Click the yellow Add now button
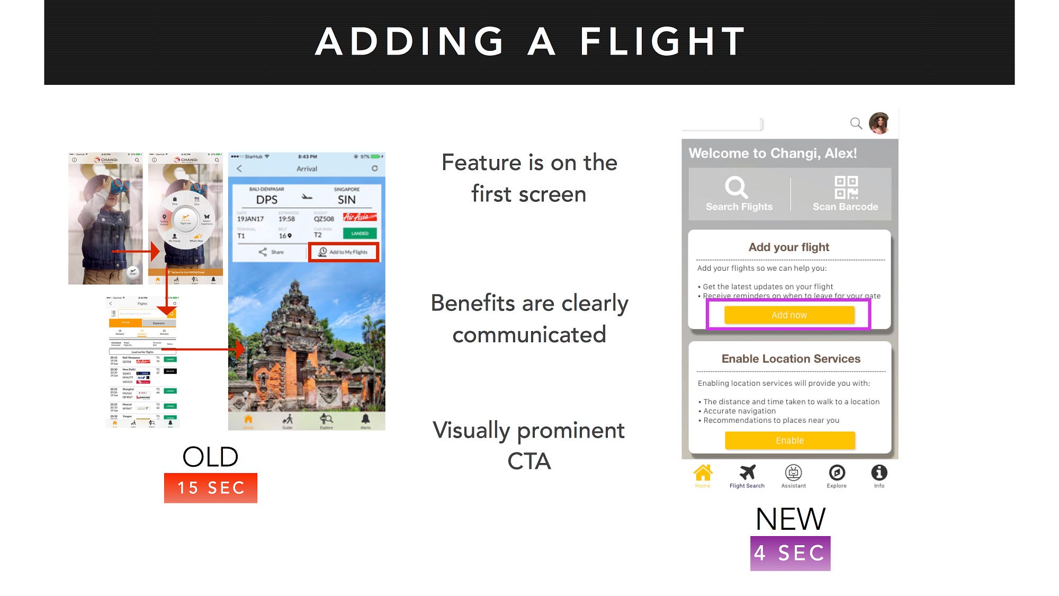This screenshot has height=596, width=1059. (x=789, y=315)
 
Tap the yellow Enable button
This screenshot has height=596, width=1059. (x=789, y=440)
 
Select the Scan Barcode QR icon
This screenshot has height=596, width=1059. (x=846, y=188)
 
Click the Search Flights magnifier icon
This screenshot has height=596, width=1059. (x=736, y=187)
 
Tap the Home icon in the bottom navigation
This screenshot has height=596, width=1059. (x=703, y=473)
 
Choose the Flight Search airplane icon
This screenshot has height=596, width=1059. (x=747, y=472)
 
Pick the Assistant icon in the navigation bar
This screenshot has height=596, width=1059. (x=793, y=473)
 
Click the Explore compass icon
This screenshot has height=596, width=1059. (x=837, y=473)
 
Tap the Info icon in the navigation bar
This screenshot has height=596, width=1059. (x=879, y=473)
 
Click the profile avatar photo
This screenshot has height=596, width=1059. (x=879, y=123)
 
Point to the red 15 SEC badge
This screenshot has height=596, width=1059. (x=211, y=488)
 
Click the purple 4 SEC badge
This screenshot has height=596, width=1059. (x=790, y=553)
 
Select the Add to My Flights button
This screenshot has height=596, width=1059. (x=343, y=252)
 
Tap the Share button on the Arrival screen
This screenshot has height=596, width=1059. (x=271, y=252)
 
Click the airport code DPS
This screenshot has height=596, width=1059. (x=267, y=200)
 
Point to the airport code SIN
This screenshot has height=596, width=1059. (x=347, y=200)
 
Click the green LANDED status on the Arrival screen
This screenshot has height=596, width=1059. (x=360, y=234)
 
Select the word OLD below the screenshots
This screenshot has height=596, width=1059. (x=210, y=457)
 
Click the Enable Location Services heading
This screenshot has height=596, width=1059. (x=791, y=359)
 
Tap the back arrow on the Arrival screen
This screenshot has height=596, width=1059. (x=239, y=168)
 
